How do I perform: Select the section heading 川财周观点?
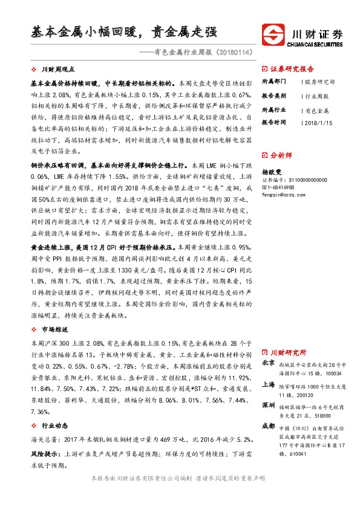58,69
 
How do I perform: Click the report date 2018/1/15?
318,123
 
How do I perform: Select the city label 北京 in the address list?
269,364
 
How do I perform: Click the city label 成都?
269,426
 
